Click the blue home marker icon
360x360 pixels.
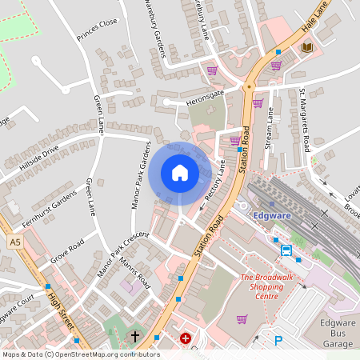[x=180, y=173]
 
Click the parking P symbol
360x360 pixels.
[x=278, y=341]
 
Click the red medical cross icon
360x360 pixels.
[x=186, y=339]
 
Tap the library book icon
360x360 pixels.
[x=306, y=48]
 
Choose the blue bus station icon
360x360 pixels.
[x=286, y=250]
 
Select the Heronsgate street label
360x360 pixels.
[x=201, y=94]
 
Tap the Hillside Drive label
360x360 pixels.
[x=40, y=158]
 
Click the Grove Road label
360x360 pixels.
[x=67, y=250]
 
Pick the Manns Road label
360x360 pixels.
[x=134, y=274]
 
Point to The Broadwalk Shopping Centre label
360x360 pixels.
[x=259, y=286]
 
